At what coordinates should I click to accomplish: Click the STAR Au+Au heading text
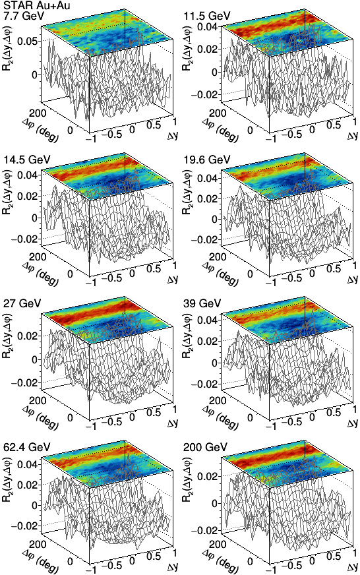pos(36,5)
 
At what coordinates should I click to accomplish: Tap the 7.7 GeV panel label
pos(24,16)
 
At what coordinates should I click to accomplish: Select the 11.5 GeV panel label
pos(207,16)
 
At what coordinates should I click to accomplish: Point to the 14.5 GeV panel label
pos(27,160)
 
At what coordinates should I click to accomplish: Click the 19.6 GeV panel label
pos(207,160)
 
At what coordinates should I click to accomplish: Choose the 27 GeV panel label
pos(22,303)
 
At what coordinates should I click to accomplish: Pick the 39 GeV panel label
pos(202,303)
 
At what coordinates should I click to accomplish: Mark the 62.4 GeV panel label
pos(27,447)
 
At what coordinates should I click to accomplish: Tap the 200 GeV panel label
pos(205,447)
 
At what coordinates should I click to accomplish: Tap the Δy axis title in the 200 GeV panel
pos(353,566)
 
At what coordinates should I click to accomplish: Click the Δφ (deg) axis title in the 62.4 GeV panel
pos(42,558)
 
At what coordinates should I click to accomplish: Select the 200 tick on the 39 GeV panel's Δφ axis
pos(218,400)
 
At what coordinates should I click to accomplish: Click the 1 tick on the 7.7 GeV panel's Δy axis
pos(174,121)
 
